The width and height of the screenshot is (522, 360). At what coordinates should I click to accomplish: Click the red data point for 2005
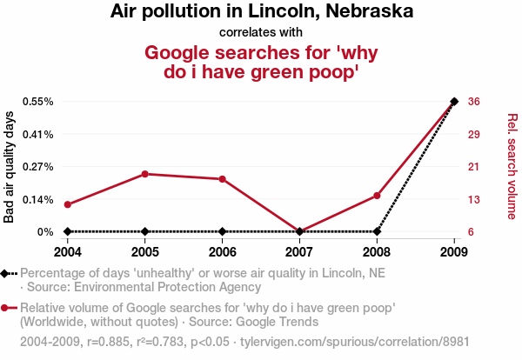click(x=145, y=174)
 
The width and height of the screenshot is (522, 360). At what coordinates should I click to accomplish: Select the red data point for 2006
click(x=223, y=179)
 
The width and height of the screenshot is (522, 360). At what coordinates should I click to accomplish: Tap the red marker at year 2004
click(x=68, y=204)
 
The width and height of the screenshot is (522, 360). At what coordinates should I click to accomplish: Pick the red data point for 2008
click(x=377, y=196)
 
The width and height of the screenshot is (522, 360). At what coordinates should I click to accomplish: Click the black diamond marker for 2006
click(x=223, y=231)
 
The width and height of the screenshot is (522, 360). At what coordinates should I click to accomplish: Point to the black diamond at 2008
click(x=377, y=231)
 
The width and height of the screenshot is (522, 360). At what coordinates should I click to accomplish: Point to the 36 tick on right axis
click(x=474, y=101)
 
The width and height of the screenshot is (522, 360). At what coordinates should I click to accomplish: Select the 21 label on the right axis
click(x=474, y=166)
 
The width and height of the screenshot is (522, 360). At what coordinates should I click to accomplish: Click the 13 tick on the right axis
click(x=474, y=199)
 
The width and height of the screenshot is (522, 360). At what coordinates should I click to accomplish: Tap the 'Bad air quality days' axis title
click(x=10, y=166)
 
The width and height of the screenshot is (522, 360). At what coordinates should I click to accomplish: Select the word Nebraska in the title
click(x=370, y=12)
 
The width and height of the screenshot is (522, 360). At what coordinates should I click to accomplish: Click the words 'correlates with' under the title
click(x=261, y=32)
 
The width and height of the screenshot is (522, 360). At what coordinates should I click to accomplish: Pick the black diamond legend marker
click(x=6, y=273)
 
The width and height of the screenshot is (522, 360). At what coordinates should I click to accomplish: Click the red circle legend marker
click(x=6, y=308)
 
